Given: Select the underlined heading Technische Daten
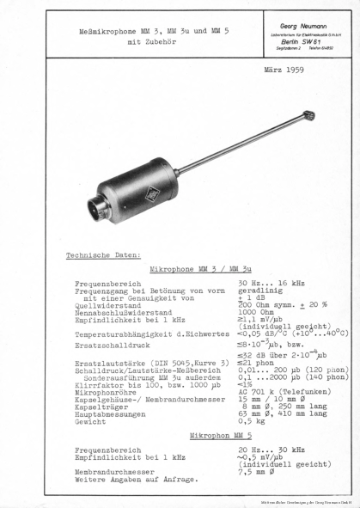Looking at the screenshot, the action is (x=103, y=255).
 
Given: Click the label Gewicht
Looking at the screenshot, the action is (x=91, y=423).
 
